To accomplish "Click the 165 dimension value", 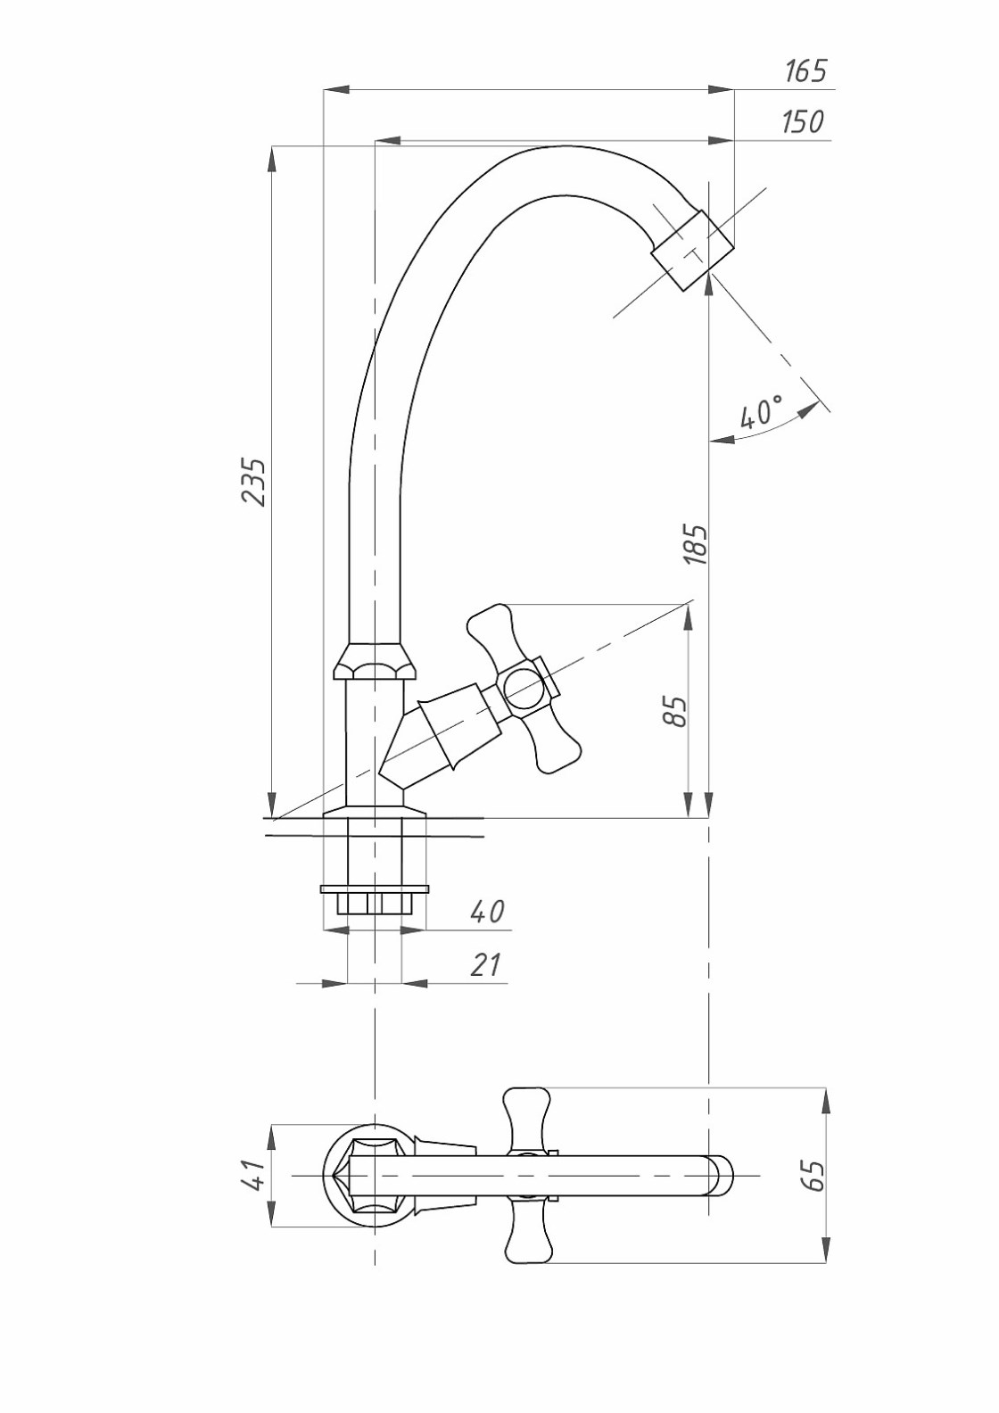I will [x=805, y=70].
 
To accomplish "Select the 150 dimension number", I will [x=803, y=121].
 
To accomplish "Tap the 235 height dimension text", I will [x=254, y=482].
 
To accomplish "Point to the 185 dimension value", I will [x=696, y=544].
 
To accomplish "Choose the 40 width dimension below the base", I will [x=487, y=912].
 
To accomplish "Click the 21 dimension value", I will [x=486, y=964].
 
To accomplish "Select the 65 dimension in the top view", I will [x=813, y=1176].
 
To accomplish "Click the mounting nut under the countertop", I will [x=375, y=902].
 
